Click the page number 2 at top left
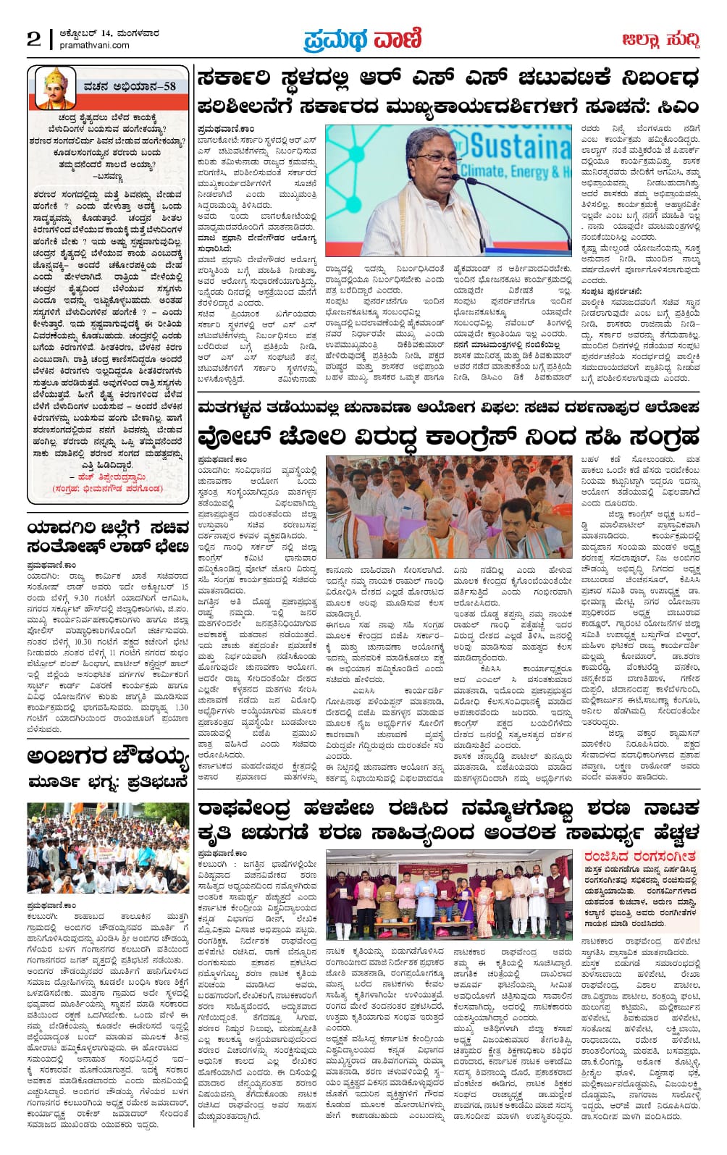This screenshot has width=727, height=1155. tap(34, 39)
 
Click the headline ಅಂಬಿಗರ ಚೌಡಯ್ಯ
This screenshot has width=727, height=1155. tap(109, 757)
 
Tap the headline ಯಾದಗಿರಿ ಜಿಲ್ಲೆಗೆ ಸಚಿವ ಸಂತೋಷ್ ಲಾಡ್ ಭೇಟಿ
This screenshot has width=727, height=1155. tap(109, 537)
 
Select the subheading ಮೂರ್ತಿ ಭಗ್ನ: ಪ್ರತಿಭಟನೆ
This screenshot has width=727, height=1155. tap(109, 782)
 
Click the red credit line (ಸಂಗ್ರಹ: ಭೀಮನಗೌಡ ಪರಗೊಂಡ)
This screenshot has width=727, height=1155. tap(108, 489)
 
